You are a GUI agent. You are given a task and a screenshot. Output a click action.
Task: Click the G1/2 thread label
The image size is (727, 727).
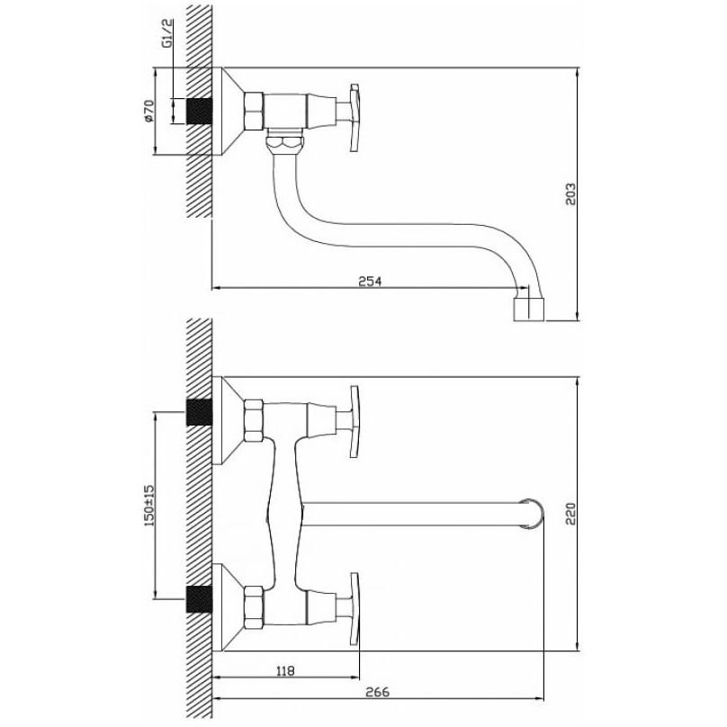click(x=167, y=33)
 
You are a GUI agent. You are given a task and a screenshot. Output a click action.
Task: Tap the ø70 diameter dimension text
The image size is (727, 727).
click(x=148, y=111)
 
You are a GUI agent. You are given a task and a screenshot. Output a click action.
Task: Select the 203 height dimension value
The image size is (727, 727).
click(x=570, y=193)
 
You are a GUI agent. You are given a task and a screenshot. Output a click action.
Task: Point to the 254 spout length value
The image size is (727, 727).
click(x=370, y=281)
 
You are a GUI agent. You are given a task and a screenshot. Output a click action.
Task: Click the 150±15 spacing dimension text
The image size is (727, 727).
click(x=149, y=506)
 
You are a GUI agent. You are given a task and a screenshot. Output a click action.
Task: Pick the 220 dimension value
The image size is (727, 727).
click(x=570, y=514)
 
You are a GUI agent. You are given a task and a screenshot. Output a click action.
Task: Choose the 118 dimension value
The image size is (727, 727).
click(x=285, y=670)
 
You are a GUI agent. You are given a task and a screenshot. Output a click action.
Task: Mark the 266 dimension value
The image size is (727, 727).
click(x=377, y=693)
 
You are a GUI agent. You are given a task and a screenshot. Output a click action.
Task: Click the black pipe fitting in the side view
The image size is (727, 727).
click(x=200, y=112)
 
